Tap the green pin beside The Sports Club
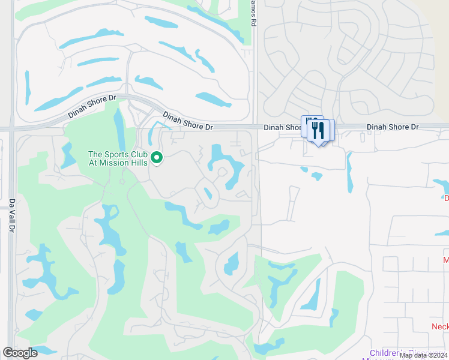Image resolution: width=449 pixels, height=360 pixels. (x=157, y=158)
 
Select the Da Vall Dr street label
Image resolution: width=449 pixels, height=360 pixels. (x=11, y=216)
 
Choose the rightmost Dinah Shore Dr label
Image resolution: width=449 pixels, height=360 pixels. (x=392, y=127)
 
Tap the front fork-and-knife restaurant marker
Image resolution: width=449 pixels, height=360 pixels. (x=318, y=131)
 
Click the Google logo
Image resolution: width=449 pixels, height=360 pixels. (x=20, y=353)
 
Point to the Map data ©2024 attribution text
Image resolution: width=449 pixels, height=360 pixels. (x=423, y=355)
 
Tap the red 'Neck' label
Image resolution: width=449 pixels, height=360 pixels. (x=440, y=326)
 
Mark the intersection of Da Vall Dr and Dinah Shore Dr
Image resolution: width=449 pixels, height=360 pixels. (x=12, y=128)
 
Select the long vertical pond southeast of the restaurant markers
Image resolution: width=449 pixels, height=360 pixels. (x=349, y=169)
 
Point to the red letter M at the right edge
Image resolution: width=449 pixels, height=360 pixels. (x=445, y=260)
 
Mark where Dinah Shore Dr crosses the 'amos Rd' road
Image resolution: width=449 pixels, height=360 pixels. (x=255, y=127)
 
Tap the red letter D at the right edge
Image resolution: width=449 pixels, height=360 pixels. (x=445, y=198)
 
